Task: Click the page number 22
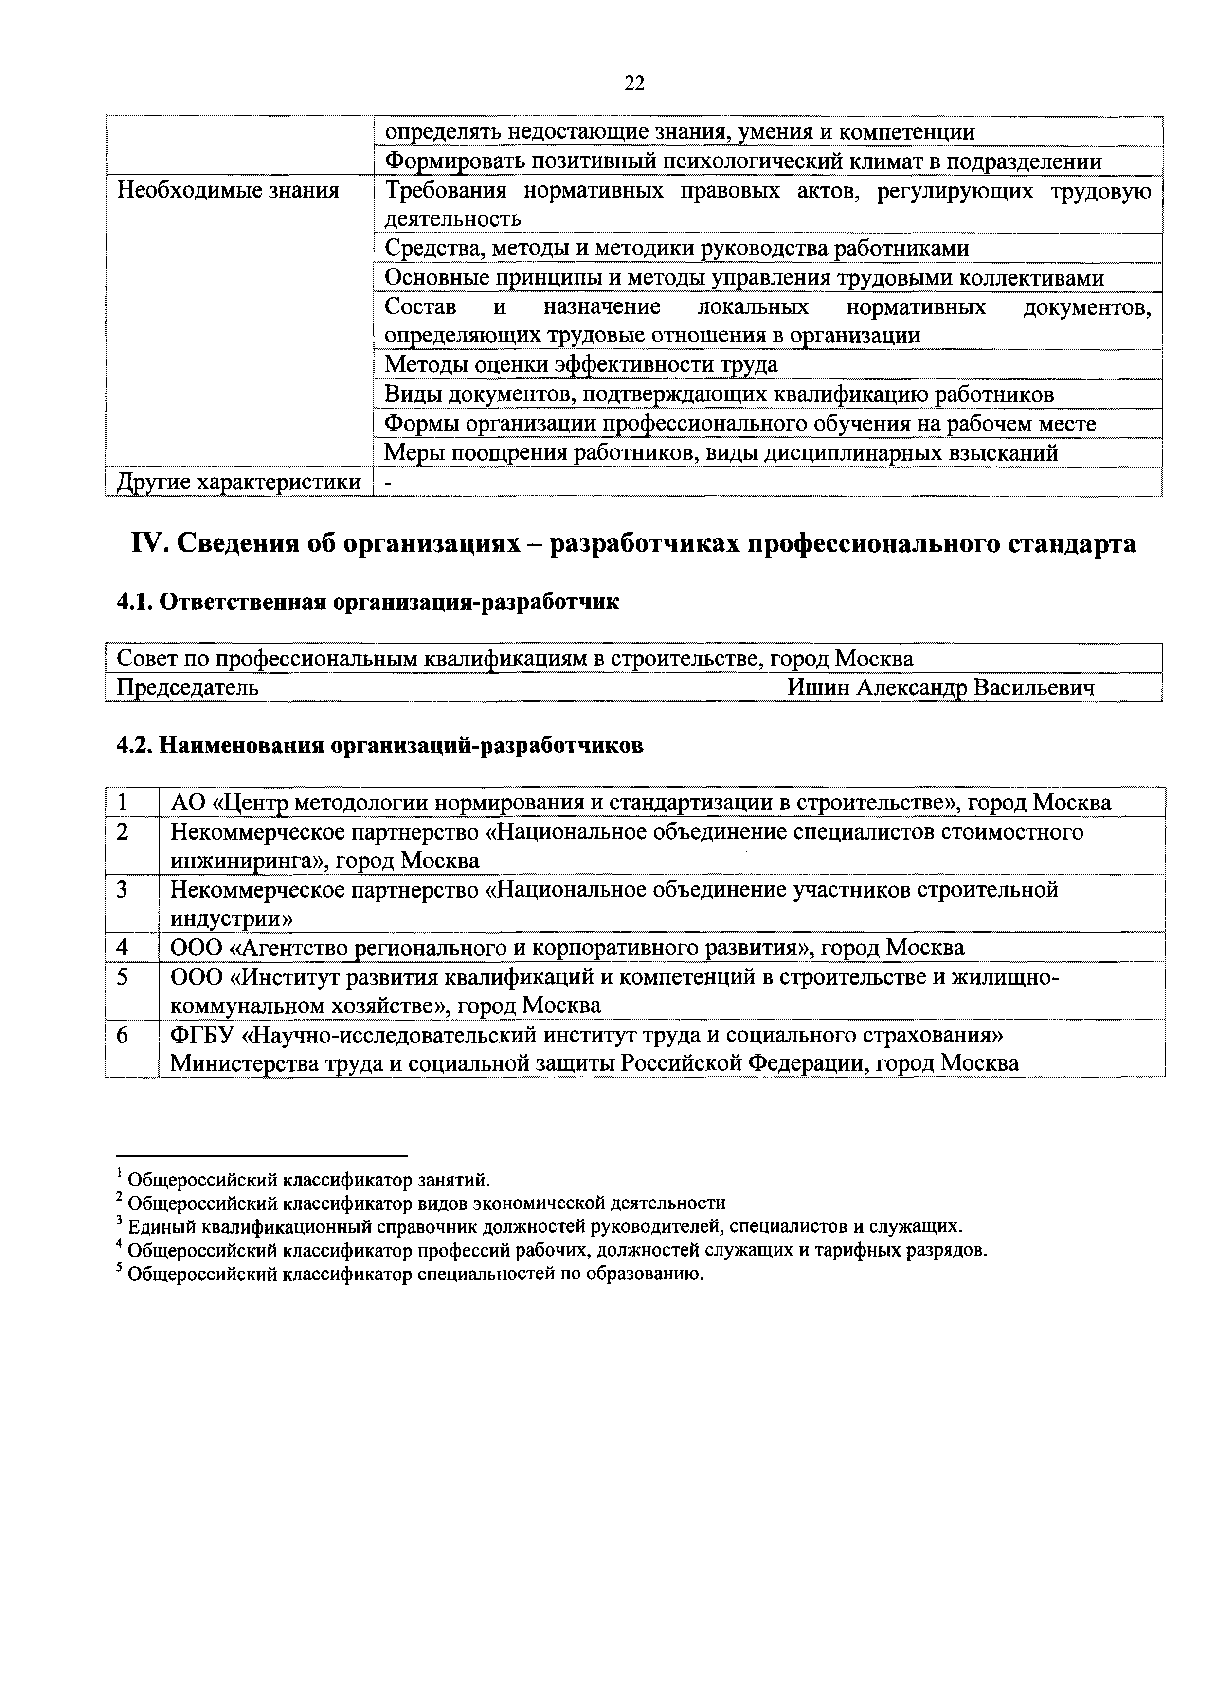[634, 83]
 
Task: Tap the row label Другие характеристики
[238, 482]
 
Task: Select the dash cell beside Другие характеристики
[388, 482]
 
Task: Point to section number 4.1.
[135, 601]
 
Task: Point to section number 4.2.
[135, 744]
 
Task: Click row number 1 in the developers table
[122, 803]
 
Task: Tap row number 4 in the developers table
[122, 947]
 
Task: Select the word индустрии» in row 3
[231, 919]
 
